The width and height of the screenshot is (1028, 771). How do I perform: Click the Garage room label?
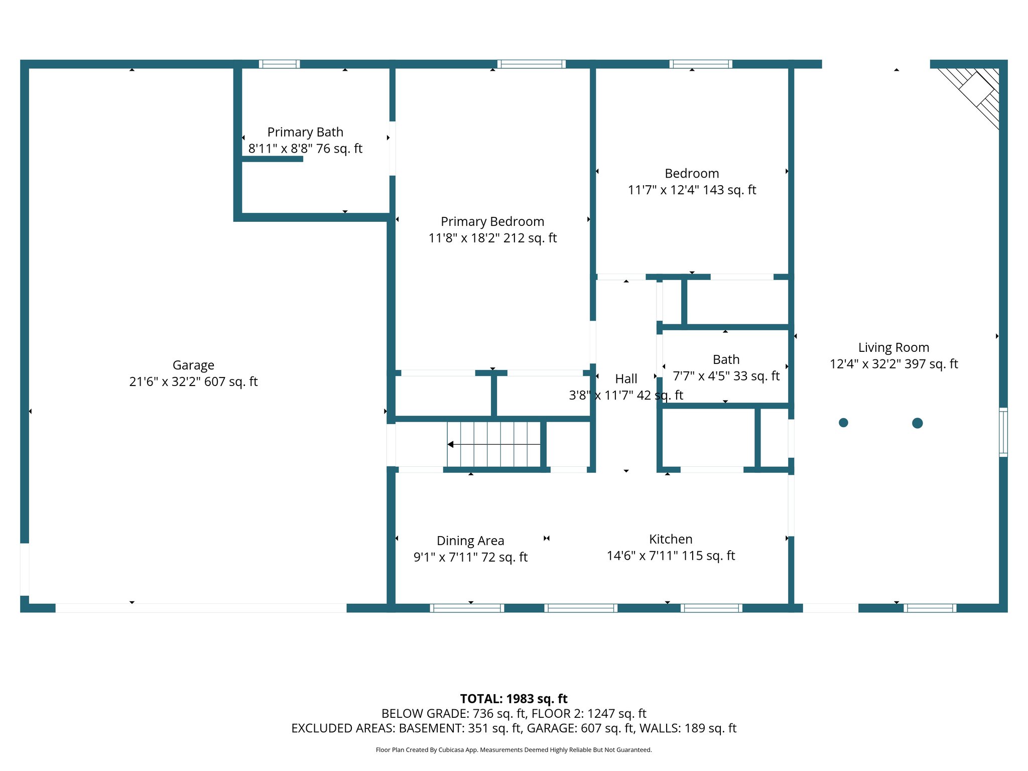[193, 365]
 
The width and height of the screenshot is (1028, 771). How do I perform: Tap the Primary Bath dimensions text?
[305, 149]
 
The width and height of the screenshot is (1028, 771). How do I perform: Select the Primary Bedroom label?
[492, 221]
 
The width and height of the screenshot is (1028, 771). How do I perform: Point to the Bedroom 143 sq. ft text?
[692, 190]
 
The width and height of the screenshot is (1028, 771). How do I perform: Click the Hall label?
[626, 378]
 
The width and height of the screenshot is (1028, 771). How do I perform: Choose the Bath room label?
[726, 359]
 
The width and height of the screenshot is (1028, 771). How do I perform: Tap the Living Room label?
[893, 347]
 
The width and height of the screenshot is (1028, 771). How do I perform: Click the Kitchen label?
[671, 539]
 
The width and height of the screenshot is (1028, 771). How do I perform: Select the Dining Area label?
[470, 541]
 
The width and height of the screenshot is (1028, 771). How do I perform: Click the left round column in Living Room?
[843, 423]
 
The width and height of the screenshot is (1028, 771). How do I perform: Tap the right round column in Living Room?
[917, 423]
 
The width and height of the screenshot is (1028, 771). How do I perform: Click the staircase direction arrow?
[451, 444]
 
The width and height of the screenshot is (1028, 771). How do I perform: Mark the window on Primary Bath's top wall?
[280, 64]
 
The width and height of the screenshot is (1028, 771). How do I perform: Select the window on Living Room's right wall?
[1003, 432]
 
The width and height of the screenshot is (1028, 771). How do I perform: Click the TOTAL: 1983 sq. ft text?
[513, 699]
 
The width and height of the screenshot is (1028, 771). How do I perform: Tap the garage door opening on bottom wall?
[201, 608]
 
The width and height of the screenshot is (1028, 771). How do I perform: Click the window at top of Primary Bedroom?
[532, 64]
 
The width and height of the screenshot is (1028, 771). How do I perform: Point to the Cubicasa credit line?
[513, 750]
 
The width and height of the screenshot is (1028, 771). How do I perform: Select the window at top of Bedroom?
[701, 64]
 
